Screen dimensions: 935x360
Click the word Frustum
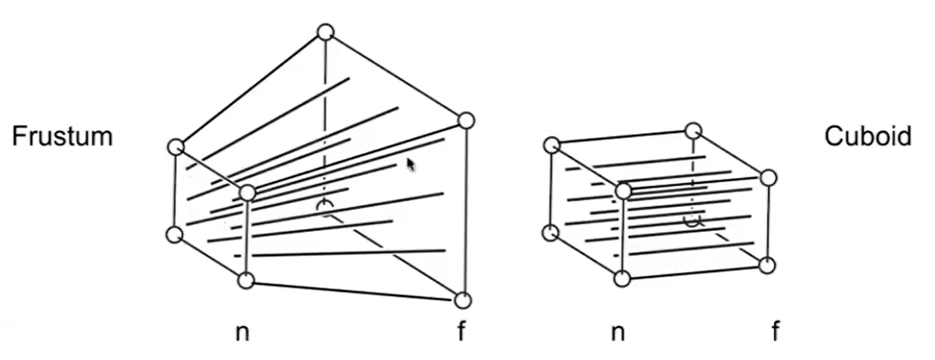[x=62, y=136]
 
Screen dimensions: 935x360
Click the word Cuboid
[x=868, y=136]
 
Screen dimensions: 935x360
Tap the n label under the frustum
[x=242, y=333]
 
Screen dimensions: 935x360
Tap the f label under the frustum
[x=461, y=333]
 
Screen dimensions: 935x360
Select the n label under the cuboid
[x=618, y=333]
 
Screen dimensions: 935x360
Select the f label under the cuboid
[x=775, y=333]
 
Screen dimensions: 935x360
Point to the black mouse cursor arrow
[x=411, y=165]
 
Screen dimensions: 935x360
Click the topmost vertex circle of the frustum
[x=326, y=32]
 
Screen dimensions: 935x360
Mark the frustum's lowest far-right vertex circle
[x=463, y=300]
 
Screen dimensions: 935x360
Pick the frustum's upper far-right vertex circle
[x=466, y=121]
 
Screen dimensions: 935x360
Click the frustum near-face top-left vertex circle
[x=175, y=147]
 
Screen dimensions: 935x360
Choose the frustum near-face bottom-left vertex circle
[x=174, y=234]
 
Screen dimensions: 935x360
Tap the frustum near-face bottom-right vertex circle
[x=246, y=280]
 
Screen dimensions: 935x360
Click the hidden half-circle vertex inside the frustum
[x=326, y=206]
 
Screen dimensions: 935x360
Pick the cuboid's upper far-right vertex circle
[x=769, y=178]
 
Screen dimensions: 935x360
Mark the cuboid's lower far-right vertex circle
[x=767, y=265]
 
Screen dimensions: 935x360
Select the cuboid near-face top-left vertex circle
[x=551, y=145]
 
